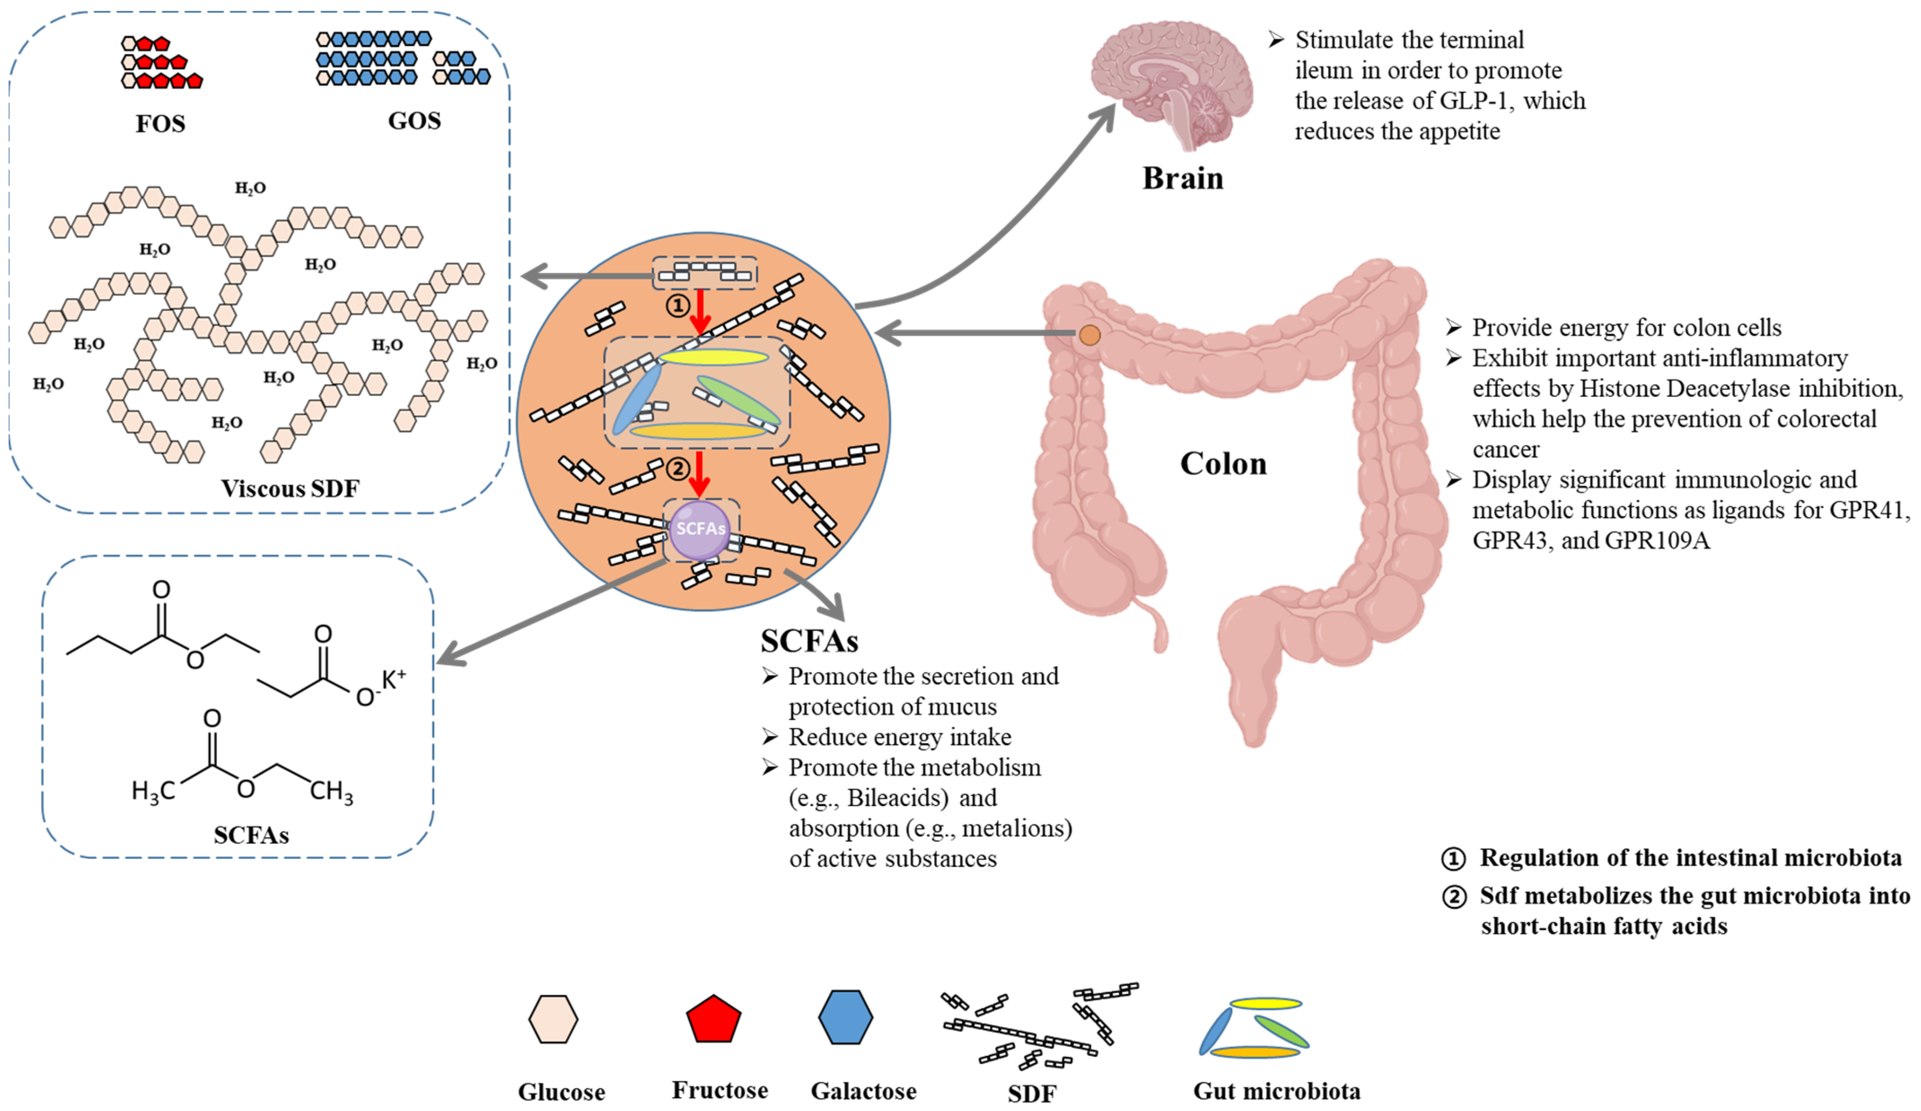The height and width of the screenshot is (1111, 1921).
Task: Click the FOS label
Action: tap(160, 123)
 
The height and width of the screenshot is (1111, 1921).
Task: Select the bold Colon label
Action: tap(1224, 463)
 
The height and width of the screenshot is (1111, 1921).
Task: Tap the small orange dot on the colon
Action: tap(1090, 335)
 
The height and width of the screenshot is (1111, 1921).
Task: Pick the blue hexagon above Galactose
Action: tap(846, 1017)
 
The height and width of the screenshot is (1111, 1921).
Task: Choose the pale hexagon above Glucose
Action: tap(553, 1019)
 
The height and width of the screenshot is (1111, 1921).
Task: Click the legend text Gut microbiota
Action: tap(1277, 1091)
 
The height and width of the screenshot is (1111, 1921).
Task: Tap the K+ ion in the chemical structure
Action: tap(393, 679)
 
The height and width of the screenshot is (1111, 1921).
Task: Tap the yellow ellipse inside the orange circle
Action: tap(714, 357)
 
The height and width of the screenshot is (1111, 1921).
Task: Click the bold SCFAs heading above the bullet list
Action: tap(810, 641)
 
